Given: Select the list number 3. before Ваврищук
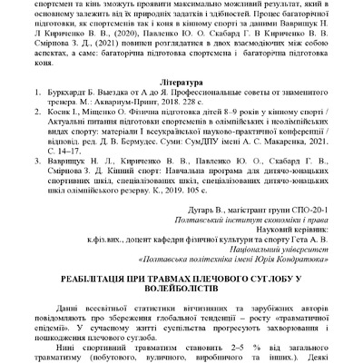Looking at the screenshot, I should click(26, 158).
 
